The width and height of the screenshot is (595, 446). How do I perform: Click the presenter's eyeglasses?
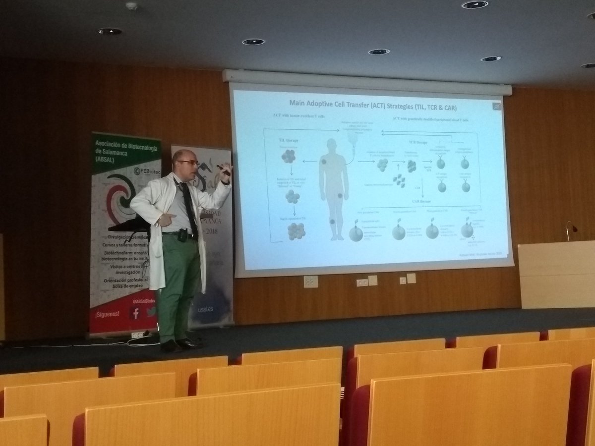coord(189,163)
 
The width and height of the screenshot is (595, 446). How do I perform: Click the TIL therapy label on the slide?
coord(289,140)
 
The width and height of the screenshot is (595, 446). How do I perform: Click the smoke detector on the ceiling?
coord(131,6)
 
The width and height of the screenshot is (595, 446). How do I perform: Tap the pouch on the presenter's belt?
coord(182,235)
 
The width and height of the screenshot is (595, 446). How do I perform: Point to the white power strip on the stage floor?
coord(139,335)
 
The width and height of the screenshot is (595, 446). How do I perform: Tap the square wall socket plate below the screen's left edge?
coord(311,281)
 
